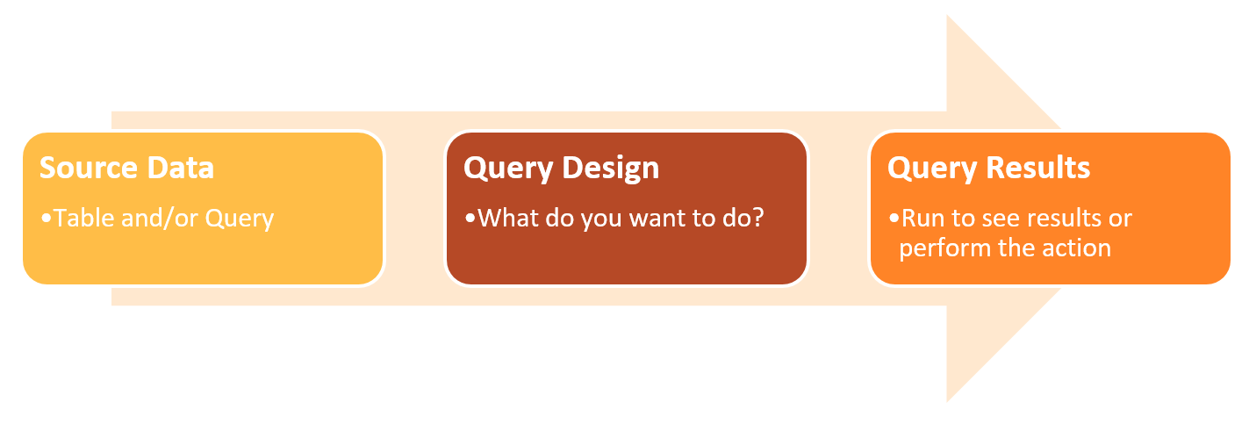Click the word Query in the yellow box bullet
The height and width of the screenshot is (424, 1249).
point(240,219)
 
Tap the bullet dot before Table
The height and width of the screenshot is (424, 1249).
point(46,218)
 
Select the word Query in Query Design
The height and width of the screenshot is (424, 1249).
point(509,169)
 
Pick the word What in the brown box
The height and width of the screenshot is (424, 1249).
point(508,218)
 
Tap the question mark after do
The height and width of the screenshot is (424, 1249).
point(757,218)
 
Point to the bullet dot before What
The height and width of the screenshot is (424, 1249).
point(470,218)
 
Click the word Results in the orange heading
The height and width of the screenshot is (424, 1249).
point(1038,168)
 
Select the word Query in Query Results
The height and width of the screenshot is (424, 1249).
point(933,169)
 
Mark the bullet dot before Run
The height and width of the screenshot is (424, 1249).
point(894,218)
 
